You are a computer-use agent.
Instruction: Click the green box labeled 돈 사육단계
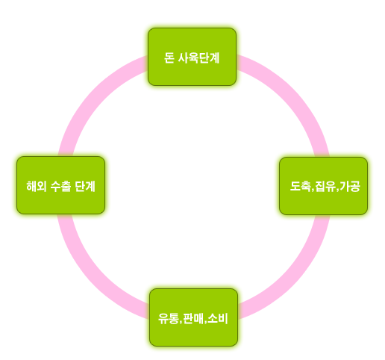[x=192, y=57]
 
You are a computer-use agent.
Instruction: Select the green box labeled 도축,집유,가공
[x=323, y=186]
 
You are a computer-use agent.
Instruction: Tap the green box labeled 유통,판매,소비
[x=193, y=317]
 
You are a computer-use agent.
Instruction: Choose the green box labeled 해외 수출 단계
[x=60, y=185]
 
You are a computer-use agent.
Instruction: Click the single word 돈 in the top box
[x=169, y=58]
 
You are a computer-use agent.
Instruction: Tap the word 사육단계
[x=198, y=58]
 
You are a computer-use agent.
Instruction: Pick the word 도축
[x=301, y=186]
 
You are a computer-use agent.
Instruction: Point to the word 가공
[x=350, y=186]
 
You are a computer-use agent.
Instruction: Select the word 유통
[x=169, y=318]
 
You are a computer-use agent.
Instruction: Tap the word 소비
[x=218, y=318]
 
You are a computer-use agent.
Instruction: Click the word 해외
[x=37, y=186]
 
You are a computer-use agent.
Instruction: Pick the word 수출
[x=60, y=186]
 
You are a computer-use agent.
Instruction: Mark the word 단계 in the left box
[x=85, y=186]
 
